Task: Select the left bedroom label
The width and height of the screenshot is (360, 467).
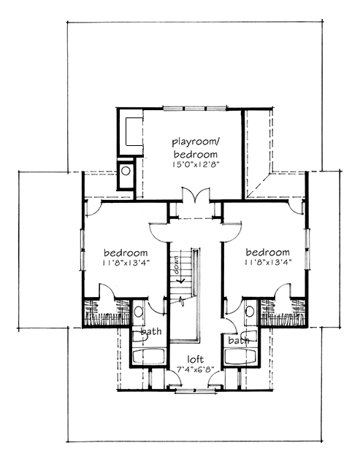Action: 126,252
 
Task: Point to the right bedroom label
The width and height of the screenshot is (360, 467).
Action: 267,252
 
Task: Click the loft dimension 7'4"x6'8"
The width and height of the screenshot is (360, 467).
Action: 196,370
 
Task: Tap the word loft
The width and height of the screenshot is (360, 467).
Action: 196,359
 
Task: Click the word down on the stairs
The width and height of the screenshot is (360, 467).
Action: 177,265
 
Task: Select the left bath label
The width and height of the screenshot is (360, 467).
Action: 151,331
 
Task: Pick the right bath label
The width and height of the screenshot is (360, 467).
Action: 238,340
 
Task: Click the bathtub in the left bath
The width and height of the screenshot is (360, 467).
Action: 148,356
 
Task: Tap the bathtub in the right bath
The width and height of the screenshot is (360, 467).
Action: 241,356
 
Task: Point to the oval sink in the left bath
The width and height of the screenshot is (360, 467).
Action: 138,312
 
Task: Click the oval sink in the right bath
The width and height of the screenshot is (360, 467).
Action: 250,312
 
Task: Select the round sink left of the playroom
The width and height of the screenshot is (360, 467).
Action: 126,171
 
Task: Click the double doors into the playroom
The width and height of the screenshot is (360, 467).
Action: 196,195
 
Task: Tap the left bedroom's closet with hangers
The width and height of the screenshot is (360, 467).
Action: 107,312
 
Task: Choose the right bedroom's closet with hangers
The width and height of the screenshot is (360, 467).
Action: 283,312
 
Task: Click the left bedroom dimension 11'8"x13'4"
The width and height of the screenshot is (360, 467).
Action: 126,263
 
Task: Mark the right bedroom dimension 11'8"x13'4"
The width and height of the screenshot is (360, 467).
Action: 268,263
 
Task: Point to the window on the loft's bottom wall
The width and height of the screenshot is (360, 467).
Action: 196,390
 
